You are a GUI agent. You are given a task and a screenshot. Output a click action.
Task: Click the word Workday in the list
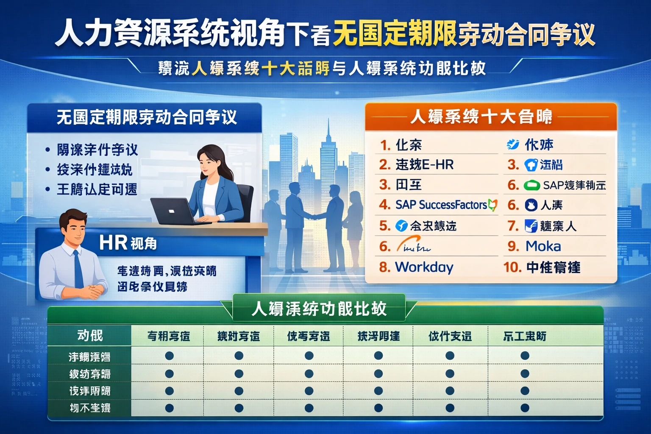[x=424, y=267]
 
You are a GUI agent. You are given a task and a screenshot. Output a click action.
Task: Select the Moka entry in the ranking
[x=543, y=246]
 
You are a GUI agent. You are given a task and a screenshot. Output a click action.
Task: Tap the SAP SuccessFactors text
[x=441, y=205]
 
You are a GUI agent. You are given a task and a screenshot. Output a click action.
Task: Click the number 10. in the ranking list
[x=512, y=267]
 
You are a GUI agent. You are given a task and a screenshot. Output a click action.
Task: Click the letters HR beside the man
[x=113, y=243]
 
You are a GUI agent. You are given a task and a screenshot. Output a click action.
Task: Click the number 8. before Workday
[x=384, y=267]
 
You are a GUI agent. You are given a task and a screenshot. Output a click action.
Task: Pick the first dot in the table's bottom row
[x=169, y=408]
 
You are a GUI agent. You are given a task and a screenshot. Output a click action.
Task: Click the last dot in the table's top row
[x=525, y=356]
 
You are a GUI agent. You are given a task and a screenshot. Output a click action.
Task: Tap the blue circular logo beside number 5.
[x=401, y=226]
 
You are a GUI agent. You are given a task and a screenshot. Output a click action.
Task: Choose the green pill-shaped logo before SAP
[x=531, y=185]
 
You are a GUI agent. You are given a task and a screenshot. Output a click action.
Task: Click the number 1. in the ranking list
[x=385, y=145]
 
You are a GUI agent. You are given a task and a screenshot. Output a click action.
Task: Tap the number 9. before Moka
[x=513, y=246]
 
